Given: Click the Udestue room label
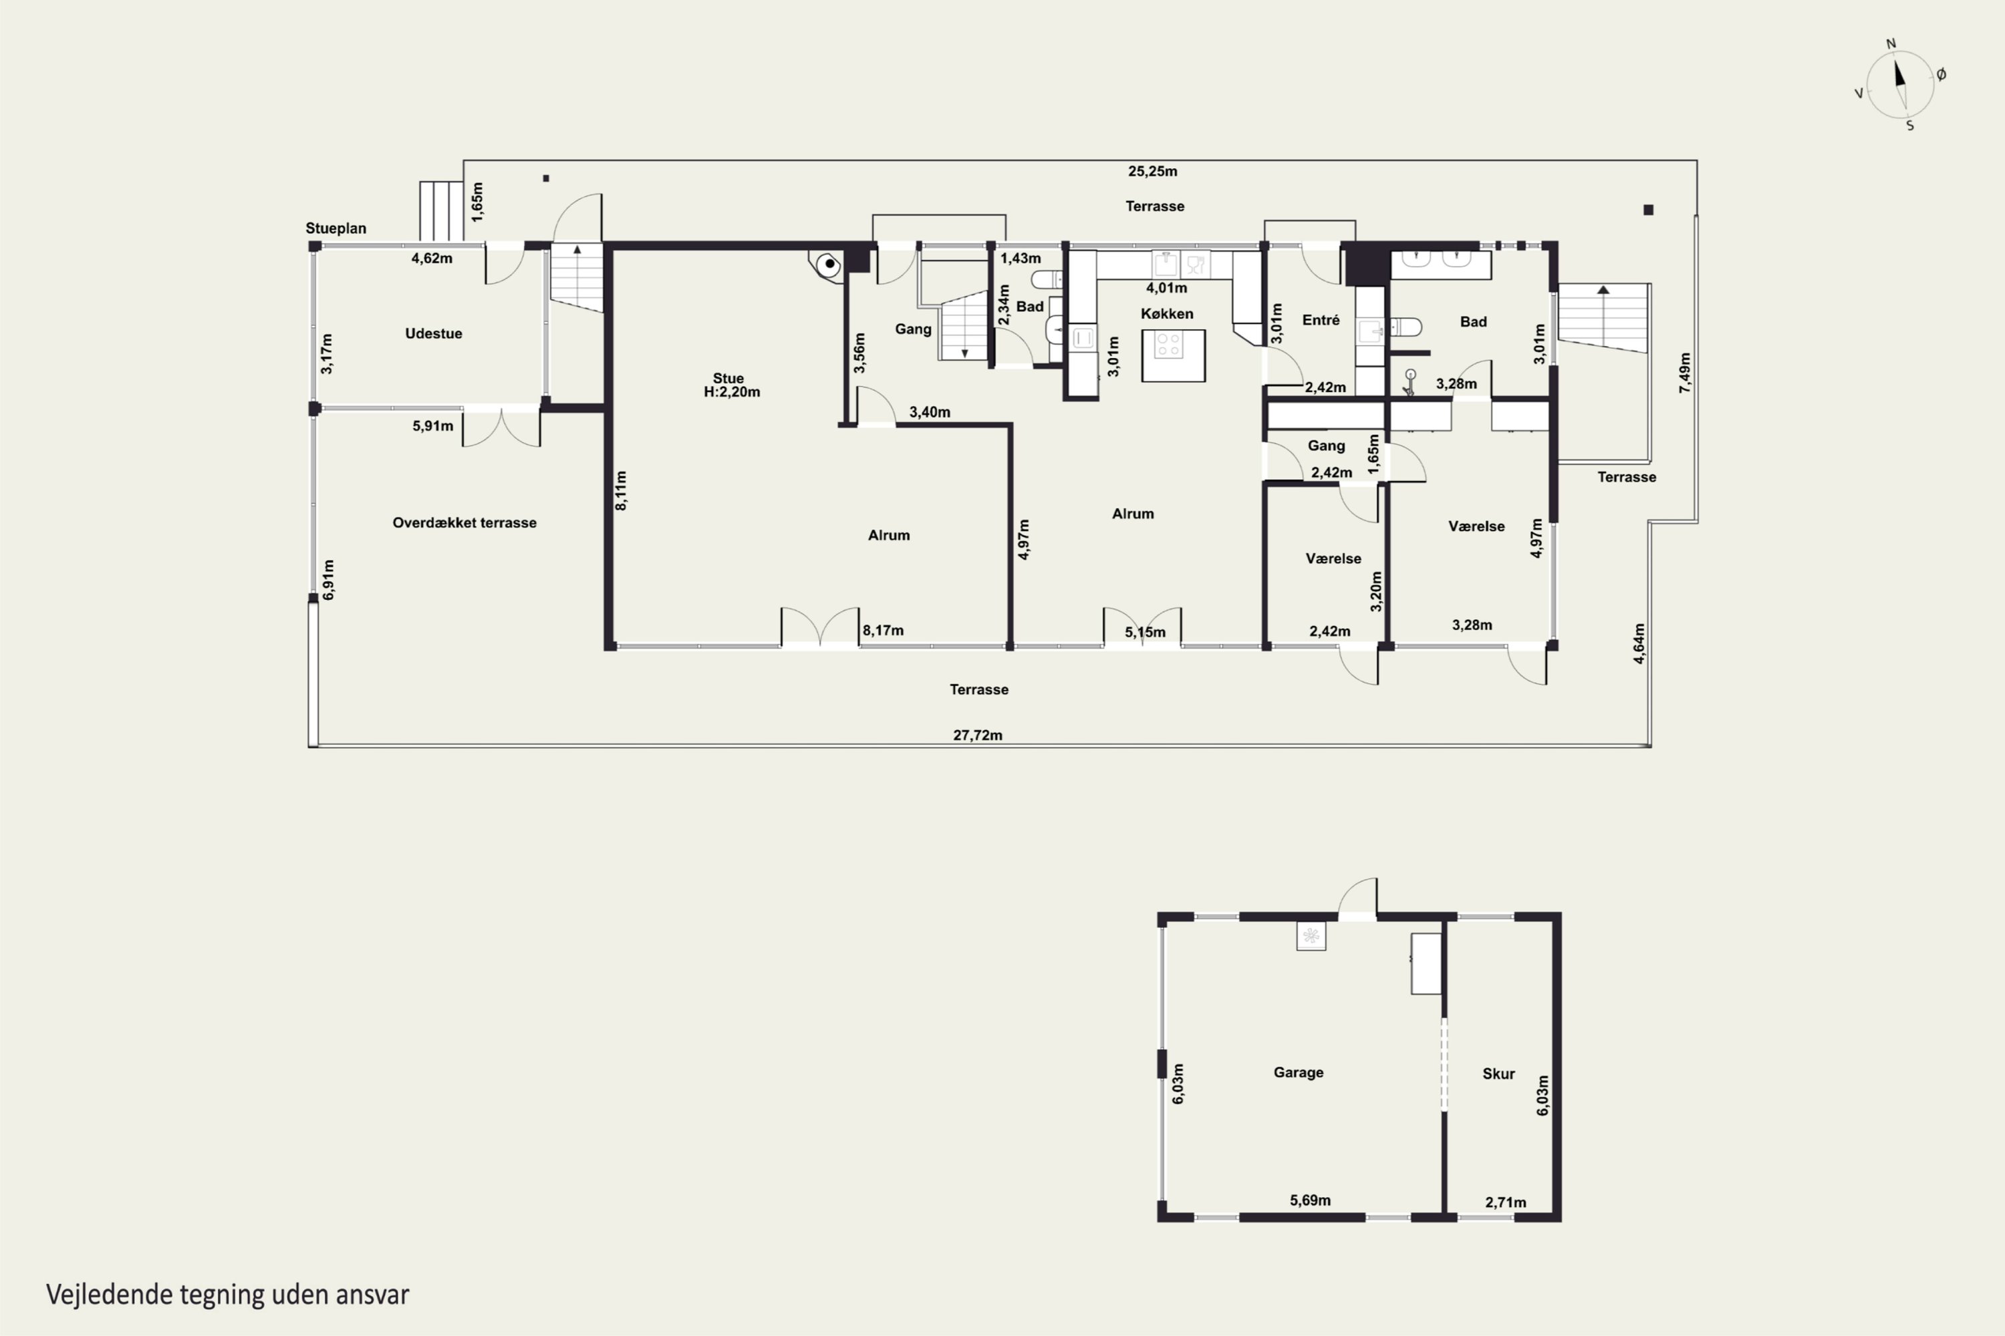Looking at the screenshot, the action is click(433, 333).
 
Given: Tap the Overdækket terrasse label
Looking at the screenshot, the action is click(464, 522).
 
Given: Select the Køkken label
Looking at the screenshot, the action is click(1167, 313).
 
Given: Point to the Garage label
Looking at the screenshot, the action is click(1299, 1072).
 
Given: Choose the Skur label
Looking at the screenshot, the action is click(1498, 1073).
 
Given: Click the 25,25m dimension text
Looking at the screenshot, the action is click(1152, 171).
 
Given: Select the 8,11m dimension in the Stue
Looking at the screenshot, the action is click(622, 491).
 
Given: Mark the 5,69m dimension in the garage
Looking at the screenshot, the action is click(1310, 1200).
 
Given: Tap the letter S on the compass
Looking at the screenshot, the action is click(1910, 126).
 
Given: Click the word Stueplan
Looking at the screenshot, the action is click(336, 228).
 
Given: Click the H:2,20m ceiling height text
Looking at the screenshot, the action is click(731, 392).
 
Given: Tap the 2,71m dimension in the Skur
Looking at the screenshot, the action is click(1506, 1202).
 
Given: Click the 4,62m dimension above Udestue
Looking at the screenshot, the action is click(432, 258).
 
